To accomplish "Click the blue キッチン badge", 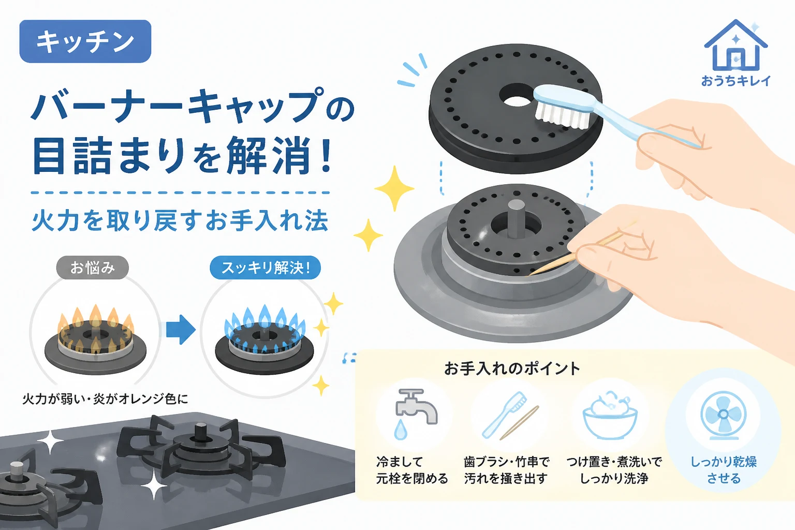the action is tap(85, 41).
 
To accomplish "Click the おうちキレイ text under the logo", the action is tap(735, 81).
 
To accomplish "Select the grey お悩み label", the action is tap(92, 267).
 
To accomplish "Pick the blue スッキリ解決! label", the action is tap(266, 267).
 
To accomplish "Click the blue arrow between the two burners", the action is tap(181, 329).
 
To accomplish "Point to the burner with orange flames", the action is tap(95, 340).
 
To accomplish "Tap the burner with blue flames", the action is tap(264, 340).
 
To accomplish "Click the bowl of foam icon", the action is tap(610, 415).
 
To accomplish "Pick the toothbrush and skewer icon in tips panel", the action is tap(510, 415).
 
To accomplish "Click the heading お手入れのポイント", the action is tap(512, 369).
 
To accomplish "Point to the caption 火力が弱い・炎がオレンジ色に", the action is tap(105, 399).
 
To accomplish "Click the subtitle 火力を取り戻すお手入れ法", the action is tap(180, 220).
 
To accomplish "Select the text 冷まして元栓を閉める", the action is tap(411, 470).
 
